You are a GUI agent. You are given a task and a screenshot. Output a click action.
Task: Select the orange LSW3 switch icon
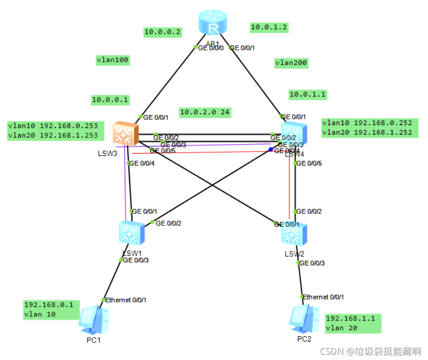(x=126, y=134)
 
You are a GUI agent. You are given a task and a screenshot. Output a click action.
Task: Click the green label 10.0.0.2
(x=163, y=32)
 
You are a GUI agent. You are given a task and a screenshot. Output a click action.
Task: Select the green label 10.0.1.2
(x=269, y=28)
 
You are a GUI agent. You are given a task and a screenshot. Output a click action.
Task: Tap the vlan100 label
(x=113, y=60)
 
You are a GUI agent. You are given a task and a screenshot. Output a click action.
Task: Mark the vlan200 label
(x=291, y=63)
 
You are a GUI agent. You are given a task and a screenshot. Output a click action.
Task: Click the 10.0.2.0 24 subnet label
(x=205, y=112)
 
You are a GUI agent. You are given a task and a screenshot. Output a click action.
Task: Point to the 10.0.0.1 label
(x=110, y=100)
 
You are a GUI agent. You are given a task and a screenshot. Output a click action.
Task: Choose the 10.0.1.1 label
(x=308, y=94)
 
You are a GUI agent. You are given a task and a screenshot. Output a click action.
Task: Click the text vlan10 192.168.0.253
(x=53, y=126)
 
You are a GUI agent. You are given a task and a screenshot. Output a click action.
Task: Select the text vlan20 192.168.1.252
(x=367, y=133)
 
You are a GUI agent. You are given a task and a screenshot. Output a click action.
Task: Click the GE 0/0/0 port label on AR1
(x=211, y=47)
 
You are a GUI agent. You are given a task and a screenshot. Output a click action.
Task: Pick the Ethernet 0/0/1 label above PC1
(x=126, y=300)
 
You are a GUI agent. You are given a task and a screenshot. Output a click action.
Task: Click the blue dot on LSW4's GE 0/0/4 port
(x=271, y=149)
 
